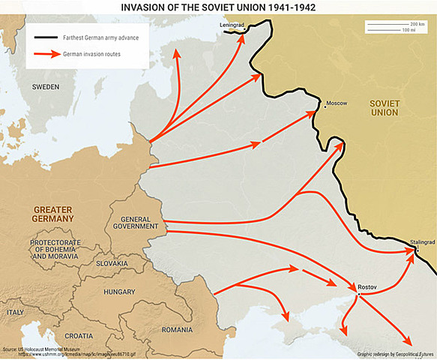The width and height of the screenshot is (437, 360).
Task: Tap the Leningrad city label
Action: click(x=232, y=25)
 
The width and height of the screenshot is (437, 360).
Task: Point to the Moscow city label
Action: click(x=335, y=103)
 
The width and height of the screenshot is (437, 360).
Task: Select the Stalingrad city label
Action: click(x=422, y=242)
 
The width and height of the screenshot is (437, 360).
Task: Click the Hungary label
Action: click(x=119, y=292)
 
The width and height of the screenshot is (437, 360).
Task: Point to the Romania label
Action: click(x=177, y=329)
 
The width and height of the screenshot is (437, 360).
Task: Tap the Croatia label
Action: click(x=78, y=335)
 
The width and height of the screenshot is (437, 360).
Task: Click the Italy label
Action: click(x=15, y=312)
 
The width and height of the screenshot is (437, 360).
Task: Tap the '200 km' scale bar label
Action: click(x=418, y=25)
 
